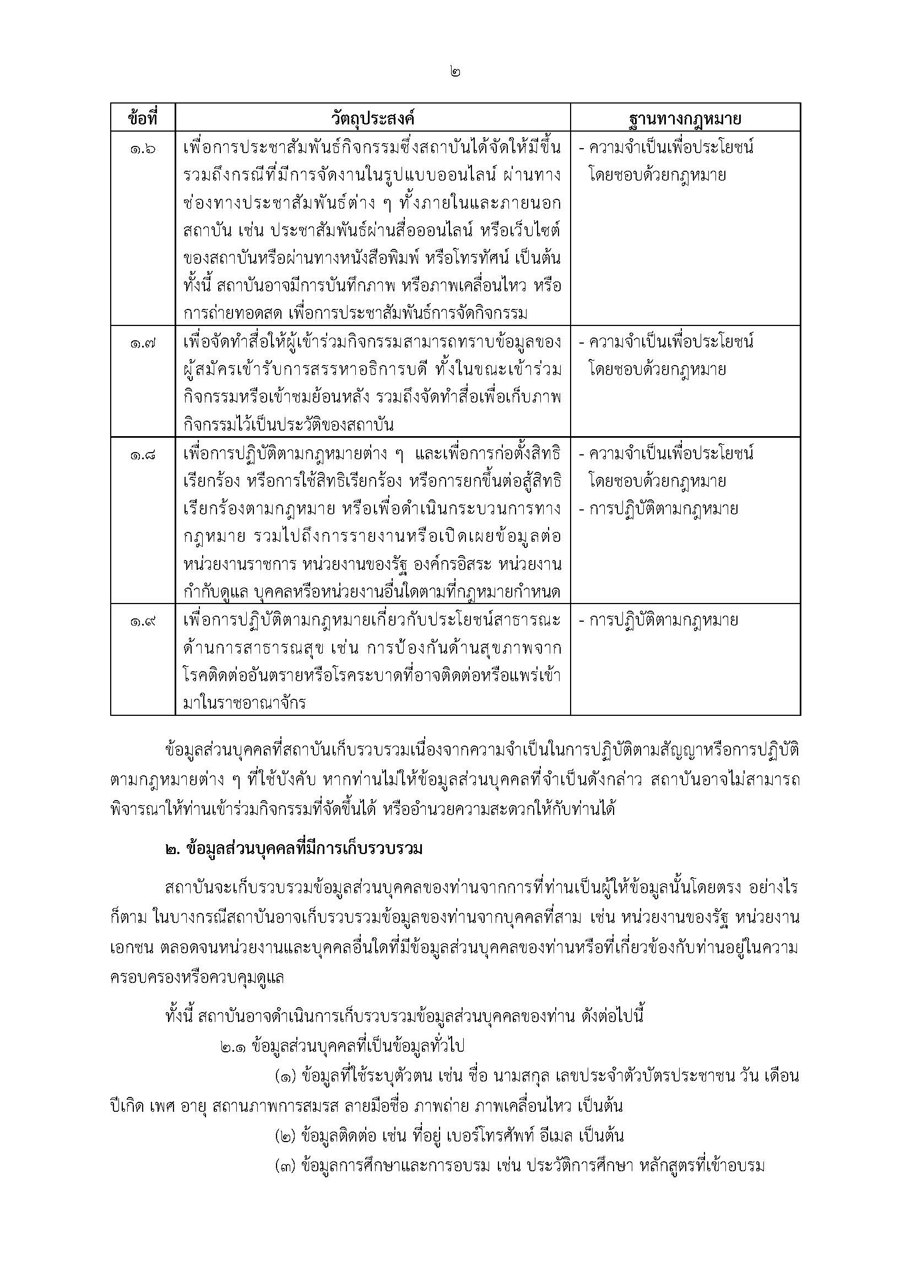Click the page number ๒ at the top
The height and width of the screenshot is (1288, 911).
pyautogui.click(x=455, y=72)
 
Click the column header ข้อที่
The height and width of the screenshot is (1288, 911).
pyautogui.click(x=143, y=119)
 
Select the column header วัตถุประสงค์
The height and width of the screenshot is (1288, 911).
pyautogui.click(x=372, y=119)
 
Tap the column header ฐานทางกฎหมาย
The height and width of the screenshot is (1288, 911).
pyautogui.click(x=685, y=119)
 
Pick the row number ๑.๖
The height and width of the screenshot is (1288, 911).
pyautogui.click(x=143, y=149)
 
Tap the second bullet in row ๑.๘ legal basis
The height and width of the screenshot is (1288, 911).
pyautogui.click(x=659, y=509)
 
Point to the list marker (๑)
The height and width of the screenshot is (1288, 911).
pyautogui.click(x=286, y=1076)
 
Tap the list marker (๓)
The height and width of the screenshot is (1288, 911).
pyautogui.click(x=286, y=1166)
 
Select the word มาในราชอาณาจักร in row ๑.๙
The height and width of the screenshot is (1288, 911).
pyautogui.click(x=244, y=703)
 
